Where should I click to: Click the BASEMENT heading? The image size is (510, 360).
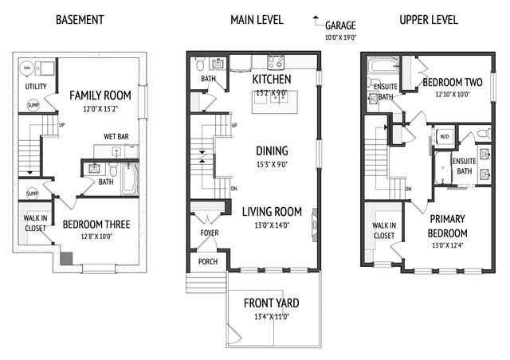click(80, 18)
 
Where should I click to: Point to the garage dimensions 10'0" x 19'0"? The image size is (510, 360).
click(340, 37)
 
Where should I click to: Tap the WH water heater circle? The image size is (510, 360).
click(26, 68)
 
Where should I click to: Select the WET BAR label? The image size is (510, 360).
click(116, 147)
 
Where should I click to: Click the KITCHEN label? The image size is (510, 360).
click(271, 80)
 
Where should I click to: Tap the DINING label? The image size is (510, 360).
click(272, 151)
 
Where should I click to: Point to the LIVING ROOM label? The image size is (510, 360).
click(272, 211)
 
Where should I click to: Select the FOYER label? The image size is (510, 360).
click(209, 233)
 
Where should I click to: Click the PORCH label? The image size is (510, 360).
click(207, 260)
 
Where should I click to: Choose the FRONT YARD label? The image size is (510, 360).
click(272, 303)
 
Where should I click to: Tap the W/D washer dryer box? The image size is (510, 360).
click(445, 135)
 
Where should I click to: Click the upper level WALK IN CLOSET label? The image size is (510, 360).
click(383, 230)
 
